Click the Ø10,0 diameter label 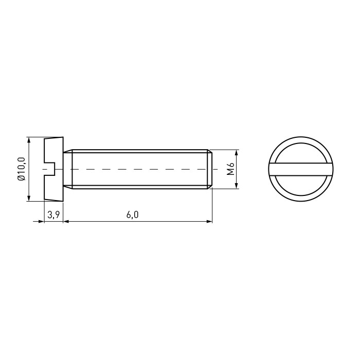click(21, 169)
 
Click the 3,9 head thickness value click(53, 215)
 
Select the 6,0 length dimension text click(133, 215)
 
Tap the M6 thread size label click(230, 169)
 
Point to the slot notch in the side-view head click(49, 169)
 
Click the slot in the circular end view click(301, 169)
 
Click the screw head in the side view click(53, 169)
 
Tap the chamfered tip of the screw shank click(210, 169)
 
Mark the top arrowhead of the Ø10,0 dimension click(29, 140)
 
